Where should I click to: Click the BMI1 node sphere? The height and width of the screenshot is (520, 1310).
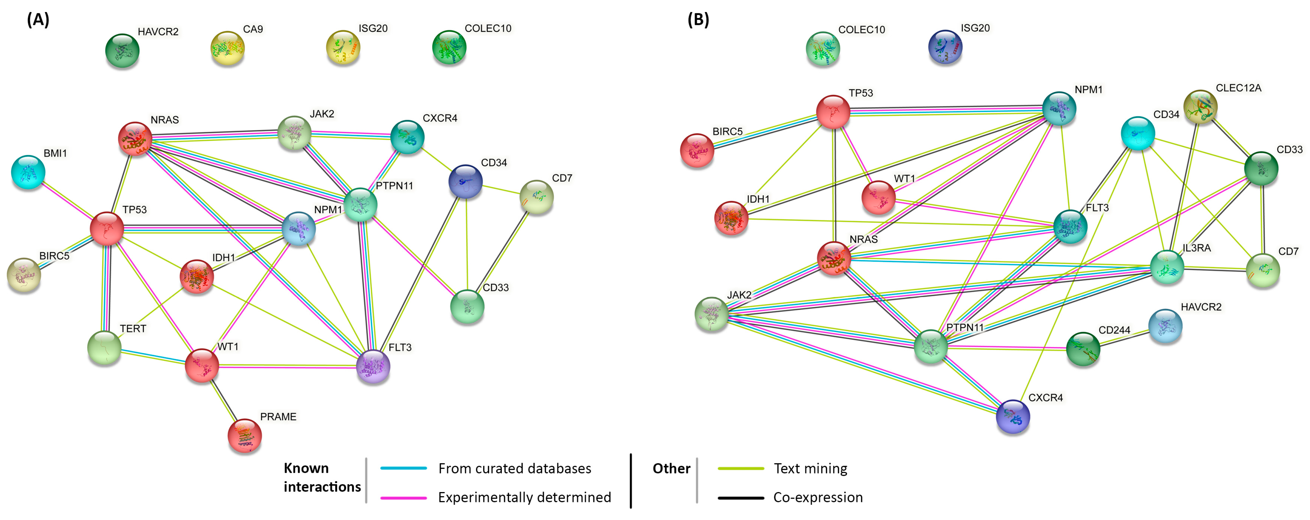(x=29, y=172)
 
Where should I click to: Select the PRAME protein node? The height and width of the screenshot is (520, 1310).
(x=245, y=436)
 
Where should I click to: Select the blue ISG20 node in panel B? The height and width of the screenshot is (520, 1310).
(x=945, y=47)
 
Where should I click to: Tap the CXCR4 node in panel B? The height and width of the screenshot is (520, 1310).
(x=1013, y=417)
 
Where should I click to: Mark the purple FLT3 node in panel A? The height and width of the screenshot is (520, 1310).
(x=373, y=366)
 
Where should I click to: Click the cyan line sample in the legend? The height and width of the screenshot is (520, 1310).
(x=403, y=468)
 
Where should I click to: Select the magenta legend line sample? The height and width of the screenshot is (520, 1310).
(x=403, y=498)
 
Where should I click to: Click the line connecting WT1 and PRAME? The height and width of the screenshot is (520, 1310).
(x=223, y=400)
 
